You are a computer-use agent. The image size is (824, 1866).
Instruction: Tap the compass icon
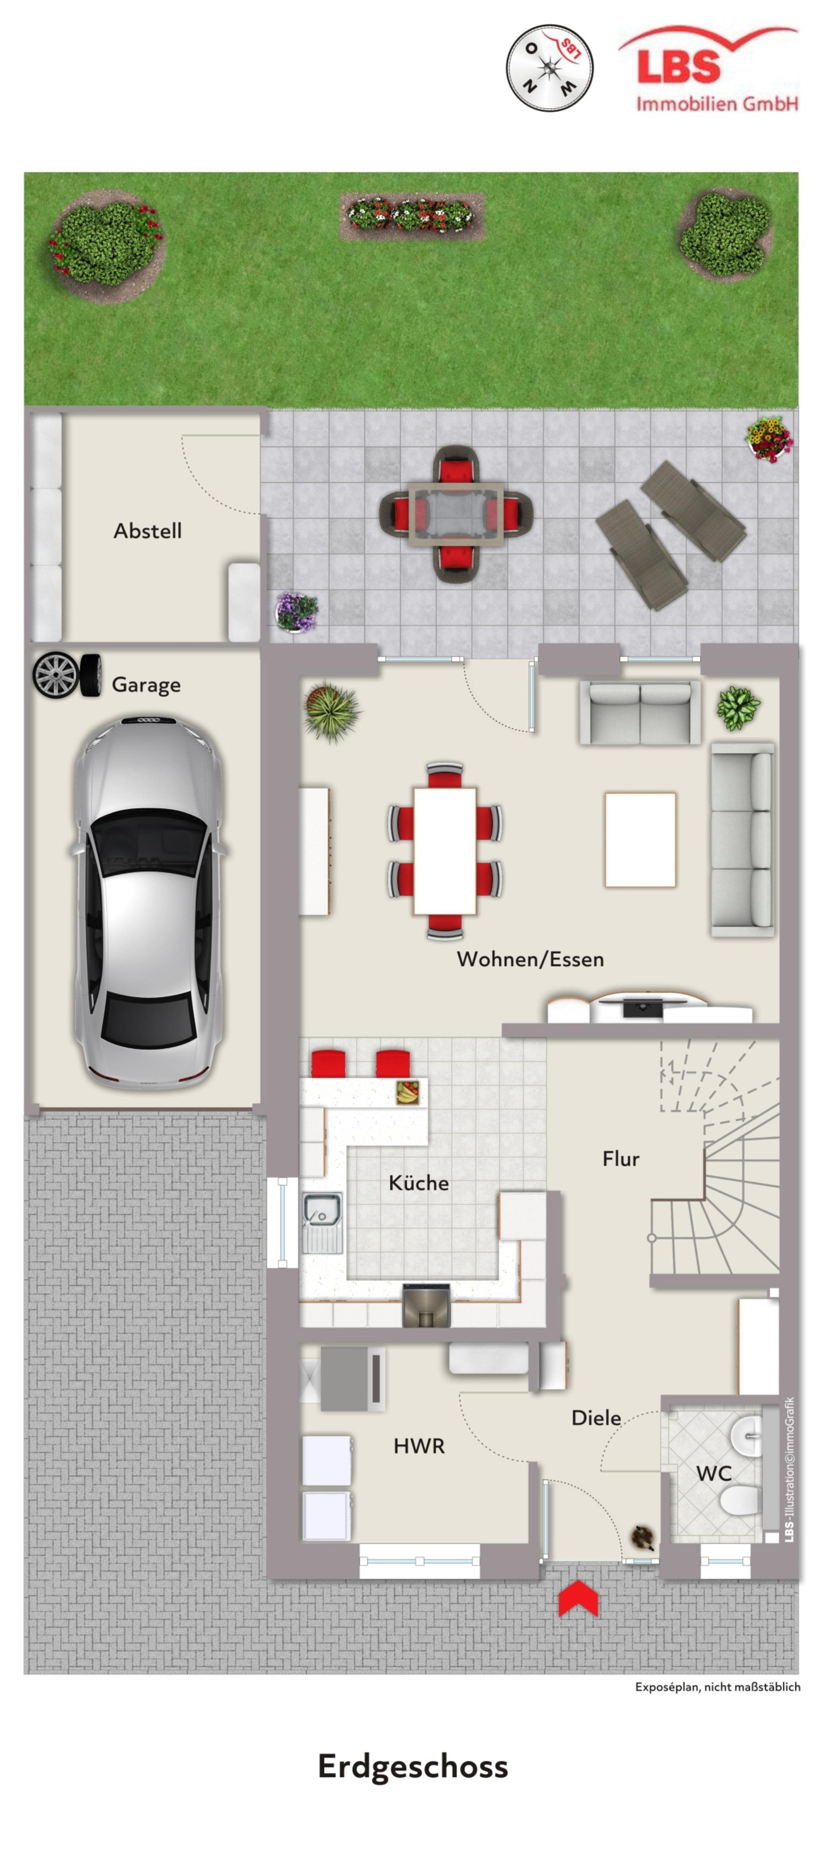[549, 68]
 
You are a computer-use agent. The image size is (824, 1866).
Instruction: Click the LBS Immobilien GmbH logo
[708, 69]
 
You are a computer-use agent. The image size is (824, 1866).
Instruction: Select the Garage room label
[146, 685]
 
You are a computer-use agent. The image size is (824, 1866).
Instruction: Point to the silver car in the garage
[149, 902]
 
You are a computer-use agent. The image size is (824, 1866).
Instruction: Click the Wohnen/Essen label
[530, 959]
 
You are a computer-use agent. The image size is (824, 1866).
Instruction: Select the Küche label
[418, 1183]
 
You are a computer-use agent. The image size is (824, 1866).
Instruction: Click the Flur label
[620, 1159]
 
